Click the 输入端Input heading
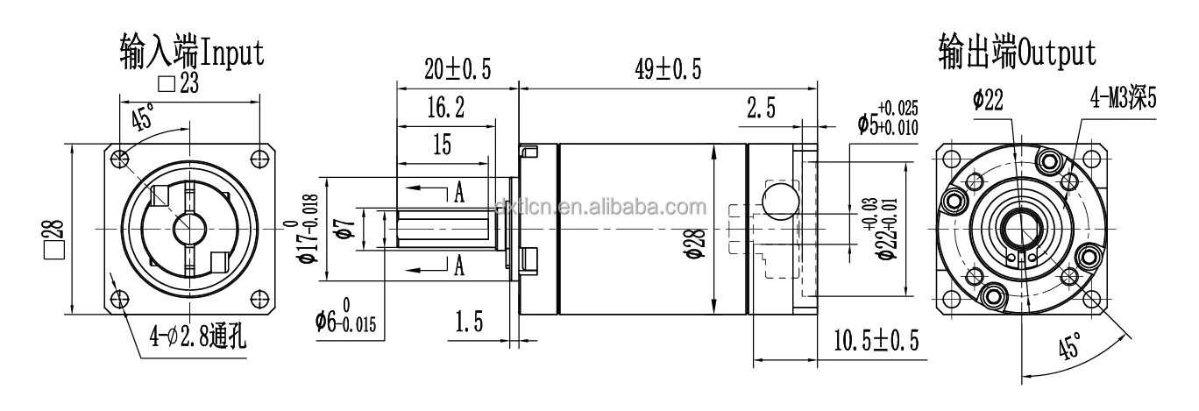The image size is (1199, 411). (x=191, y=53)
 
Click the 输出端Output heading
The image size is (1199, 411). (x=1017, y=53)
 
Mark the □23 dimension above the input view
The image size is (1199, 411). (x=178, y=83)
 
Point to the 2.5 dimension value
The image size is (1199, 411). (x=761, y=109)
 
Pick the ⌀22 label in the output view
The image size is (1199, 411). (x=988, y=100)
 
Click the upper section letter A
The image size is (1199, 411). (x=458, y=195)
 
